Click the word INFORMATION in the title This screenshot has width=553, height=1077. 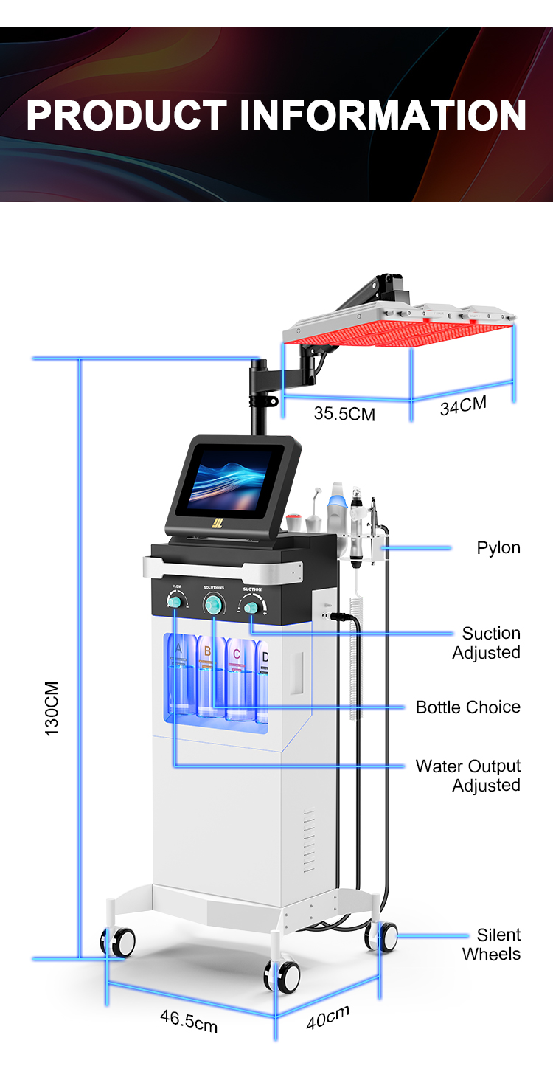(383, 116)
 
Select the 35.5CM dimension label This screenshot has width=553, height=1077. (344, 413)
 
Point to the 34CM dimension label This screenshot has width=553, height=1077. (464, 405)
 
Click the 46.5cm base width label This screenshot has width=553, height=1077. (189, 1022)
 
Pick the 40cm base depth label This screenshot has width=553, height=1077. (328, 1017)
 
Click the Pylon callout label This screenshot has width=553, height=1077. (498, 547)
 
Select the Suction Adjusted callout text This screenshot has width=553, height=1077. (487, 643)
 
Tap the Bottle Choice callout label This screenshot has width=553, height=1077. (468, 707)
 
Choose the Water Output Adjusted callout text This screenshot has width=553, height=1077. (468, 775)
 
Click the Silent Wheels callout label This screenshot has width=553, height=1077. (492, 944)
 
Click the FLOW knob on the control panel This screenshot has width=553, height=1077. (175, 603)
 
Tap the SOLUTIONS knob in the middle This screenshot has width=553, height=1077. (214, 603)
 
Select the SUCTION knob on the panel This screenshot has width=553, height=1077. (251, 606)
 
